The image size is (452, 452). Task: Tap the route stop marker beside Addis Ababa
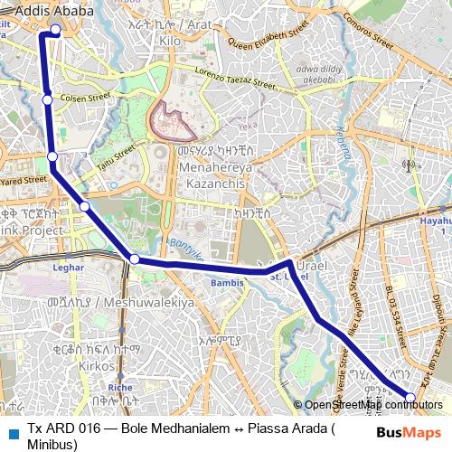pyautogui.click(x=56, y=30)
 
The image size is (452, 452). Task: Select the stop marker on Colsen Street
pyautogui.click(x=47, y=99)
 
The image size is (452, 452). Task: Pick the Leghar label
pyautogui.click(x=68, y=268)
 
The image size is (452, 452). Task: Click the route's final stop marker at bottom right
pyautogui.click(x=410, y=397)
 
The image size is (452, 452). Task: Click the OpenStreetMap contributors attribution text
pyautogui.click(x=373, y=404)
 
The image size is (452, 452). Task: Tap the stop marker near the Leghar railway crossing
pyautogui.click(x=135, y=259)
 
